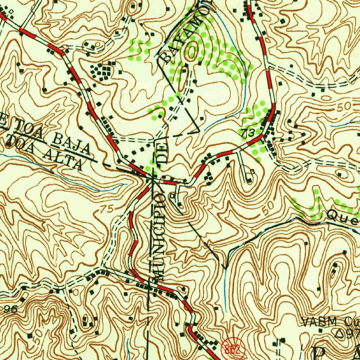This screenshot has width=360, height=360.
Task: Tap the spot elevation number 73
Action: [248, 133]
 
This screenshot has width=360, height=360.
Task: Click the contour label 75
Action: [107, 210]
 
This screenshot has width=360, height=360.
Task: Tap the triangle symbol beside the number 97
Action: [340, 333]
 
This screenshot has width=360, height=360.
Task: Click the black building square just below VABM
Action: [320, 330]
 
